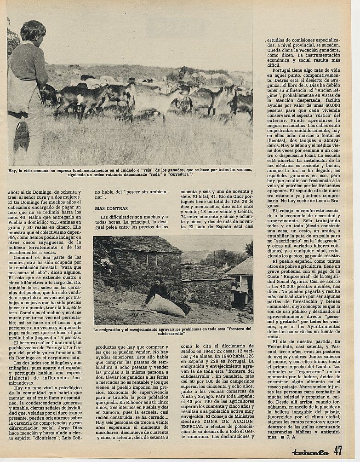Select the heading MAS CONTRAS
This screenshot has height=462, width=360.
pos(108,208)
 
